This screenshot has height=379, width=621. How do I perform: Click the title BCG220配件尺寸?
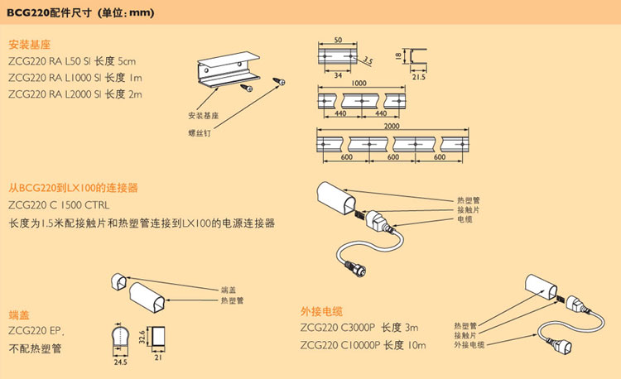(48, 13)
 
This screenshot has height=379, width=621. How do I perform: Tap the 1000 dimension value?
(358, 84)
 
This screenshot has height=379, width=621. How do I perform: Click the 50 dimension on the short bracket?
(338, 40)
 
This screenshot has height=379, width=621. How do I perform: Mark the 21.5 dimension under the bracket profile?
(418, 77)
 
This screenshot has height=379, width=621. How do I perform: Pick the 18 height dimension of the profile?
(398, 56)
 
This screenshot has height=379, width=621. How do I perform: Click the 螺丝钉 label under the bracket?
(200, 130)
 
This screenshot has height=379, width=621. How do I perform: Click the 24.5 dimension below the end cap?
(120, 362)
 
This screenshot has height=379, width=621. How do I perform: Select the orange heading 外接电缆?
(321, 311)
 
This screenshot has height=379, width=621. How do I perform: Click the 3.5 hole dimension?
(368, 60)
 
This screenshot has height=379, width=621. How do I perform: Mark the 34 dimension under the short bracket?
(332, 73)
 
